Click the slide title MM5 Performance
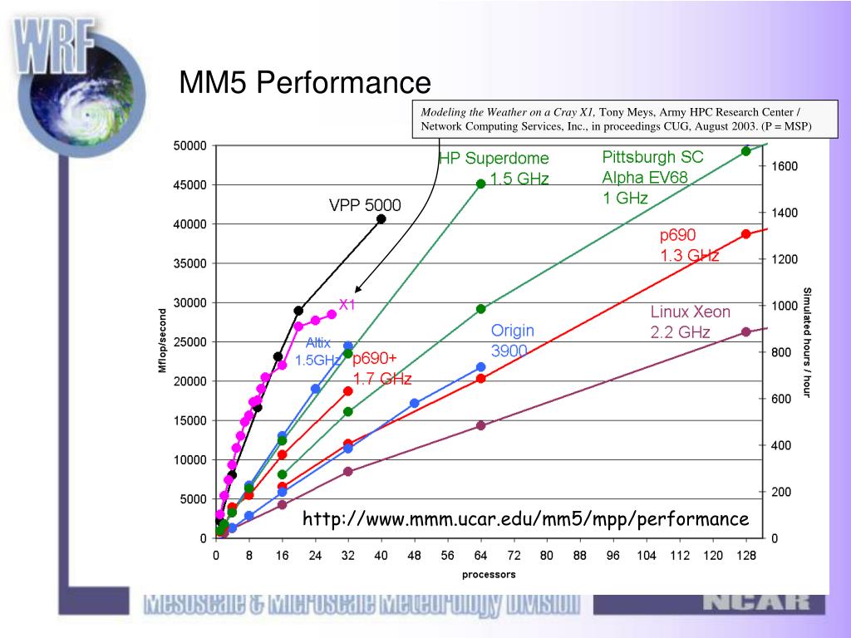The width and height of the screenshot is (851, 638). pos(306,83)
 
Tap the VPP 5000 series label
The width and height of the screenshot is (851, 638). pos(364,204)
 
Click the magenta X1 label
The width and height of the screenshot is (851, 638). pos(347,304)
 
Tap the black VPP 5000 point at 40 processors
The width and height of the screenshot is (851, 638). pos(381,218)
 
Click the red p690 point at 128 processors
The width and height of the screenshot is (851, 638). pos(745,234)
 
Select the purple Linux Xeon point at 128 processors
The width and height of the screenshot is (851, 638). pos(745,332)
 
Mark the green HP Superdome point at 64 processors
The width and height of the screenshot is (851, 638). pos(480,184)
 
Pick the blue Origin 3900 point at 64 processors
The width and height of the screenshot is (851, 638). pos(480,366)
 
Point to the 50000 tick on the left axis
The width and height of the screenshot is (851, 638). pos(189,146)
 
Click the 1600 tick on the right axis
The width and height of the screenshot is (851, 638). pos(784,166)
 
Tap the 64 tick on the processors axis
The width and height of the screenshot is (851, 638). pos(480,556)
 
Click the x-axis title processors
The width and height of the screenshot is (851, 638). pos(489,574)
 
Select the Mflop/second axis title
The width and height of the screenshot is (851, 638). pos(164,341)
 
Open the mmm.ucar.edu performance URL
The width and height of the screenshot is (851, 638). pos(525,519)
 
